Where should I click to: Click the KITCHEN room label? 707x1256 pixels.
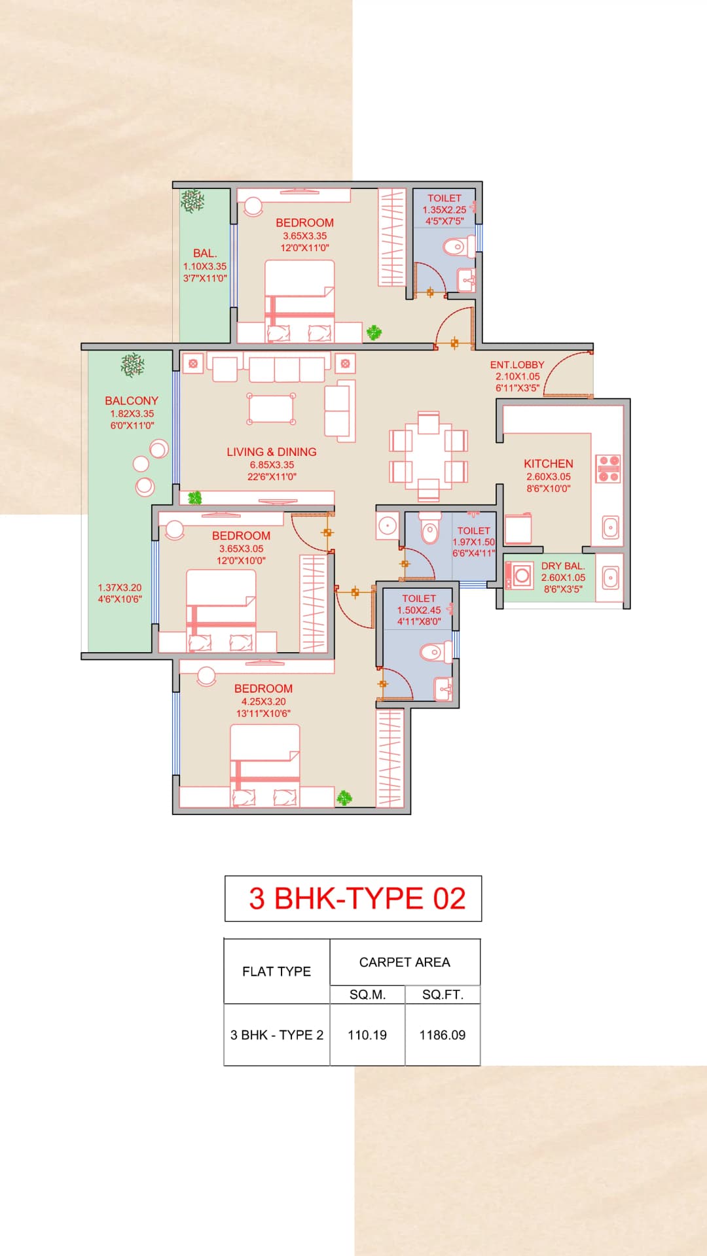click(x=548, y=463)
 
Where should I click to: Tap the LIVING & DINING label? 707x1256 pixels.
click(x=271, y=452)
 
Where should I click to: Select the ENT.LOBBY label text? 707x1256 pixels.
click(x=517, y=365)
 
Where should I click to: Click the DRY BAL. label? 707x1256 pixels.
click(x=562, y=566)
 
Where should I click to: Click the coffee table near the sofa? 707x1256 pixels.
click(x=271, y=410)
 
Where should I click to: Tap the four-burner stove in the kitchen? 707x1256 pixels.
click(x=608, y=468)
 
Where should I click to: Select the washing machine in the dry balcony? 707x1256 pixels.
click(x=520, y=576)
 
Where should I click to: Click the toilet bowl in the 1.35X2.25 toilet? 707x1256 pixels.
click(x=456, y=247)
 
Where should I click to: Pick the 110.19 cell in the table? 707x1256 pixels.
click(x=367, y=1035)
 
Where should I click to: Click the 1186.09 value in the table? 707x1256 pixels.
click(x=443, y=1035)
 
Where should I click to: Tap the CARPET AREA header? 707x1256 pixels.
click(x=405, y=962)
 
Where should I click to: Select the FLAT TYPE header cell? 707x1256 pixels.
click(x=276, y=971)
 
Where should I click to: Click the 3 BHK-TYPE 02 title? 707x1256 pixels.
click(x=357, y=898)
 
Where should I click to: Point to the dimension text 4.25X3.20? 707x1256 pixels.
click(x=263, y=701)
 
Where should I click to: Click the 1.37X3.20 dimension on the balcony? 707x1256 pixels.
click(x=120, y=587)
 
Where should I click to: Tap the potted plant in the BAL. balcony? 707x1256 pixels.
click(x=192, y=201)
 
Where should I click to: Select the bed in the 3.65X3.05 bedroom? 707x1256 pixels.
click(x=221, y=608)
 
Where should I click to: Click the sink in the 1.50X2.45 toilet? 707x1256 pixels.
click(x=444, y=688)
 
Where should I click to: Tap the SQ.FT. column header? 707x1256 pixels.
click(x=443, y=994)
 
